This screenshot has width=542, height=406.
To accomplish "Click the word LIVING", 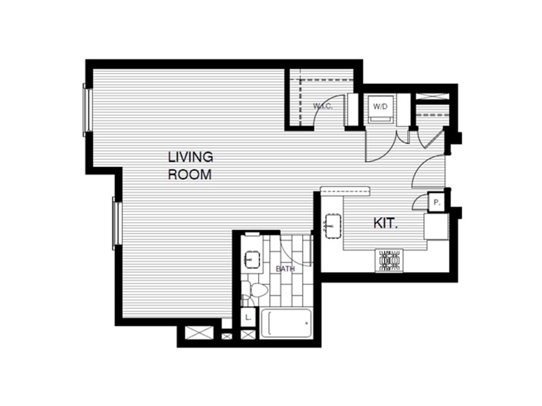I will (190, 157).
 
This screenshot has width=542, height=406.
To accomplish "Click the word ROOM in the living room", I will (190, 174).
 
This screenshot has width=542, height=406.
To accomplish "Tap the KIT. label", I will (385, 223).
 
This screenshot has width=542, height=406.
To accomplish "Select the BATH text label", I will (286, 269).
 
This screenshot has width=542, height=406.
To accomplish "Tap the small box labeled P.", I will (436, 202).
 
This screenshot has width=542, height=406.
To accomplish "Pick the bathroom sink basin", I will (252, 258).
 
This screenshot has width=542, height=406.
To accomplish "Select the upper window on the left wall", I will (86, 108).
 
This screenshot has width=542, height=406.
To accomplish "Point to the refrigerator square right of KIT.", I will (436, 226).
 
